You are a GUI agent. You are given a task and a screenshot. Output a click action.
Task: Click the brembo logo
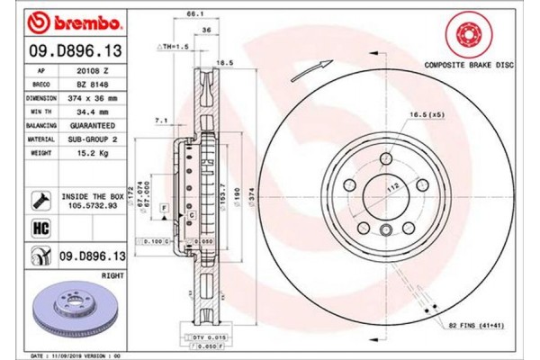59,21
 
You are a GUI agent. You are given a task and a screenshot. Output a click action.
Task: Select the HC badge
40,229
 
